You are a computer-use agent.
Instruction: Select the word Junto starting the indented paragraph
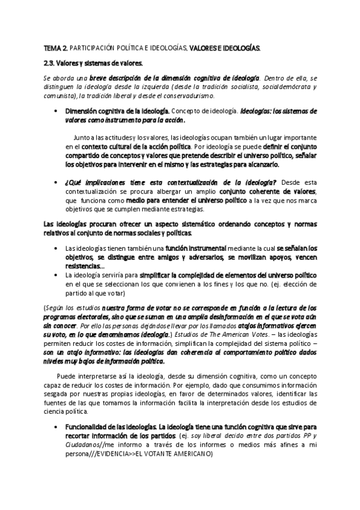click(82, 137)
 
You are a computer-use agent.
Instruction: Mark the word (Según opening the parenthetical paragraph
click(53, 307)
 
